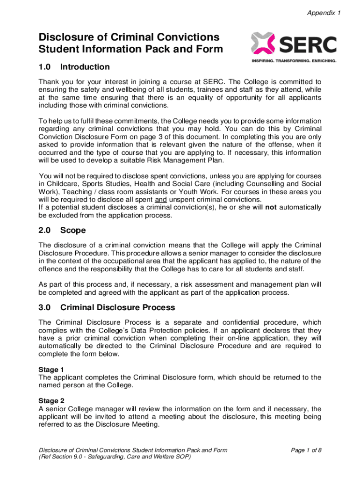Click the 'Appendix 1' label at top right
[323, 13]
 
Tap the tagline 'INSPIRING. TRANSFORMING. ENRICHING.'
[294, 61]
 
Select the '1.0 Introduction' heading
[74, 67]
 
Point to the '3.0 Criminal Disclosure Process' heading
[107, 307]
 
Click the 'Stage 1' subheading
[51, 370]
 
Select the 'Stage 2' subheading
[51, 400]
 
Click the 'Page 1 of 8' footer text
[306, 450]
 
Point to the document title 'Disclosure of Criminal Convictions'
[129, 37]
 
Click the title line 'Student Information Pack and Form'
[130, 49]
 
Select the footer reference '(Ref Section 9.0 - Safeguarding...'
[115, 457]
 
